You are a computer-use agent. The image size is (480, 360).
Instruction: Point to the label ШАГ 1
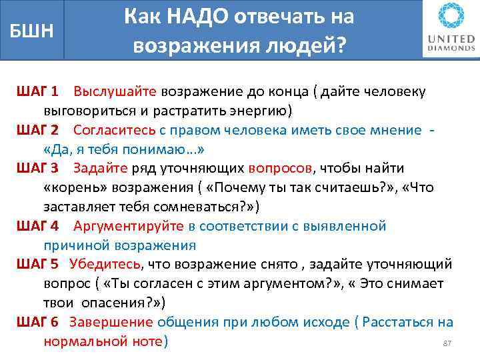pos(37,91)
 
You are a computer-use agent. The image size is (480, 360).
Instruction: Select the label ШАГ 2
pos(37,129)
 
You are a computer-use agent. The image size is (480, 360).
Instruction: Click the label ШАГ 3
pos(37,168)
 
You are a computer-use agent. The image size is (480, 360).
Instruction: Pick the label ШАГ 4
pos(37,226)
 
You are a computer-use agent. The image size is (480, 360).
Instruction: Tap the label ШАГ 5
pos(37,265)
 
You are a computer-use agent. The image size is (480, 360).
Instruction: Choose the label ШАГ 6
pos(37,323)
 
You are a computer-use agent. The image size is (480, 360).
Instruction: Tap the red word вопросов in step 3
pos(280,168)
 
